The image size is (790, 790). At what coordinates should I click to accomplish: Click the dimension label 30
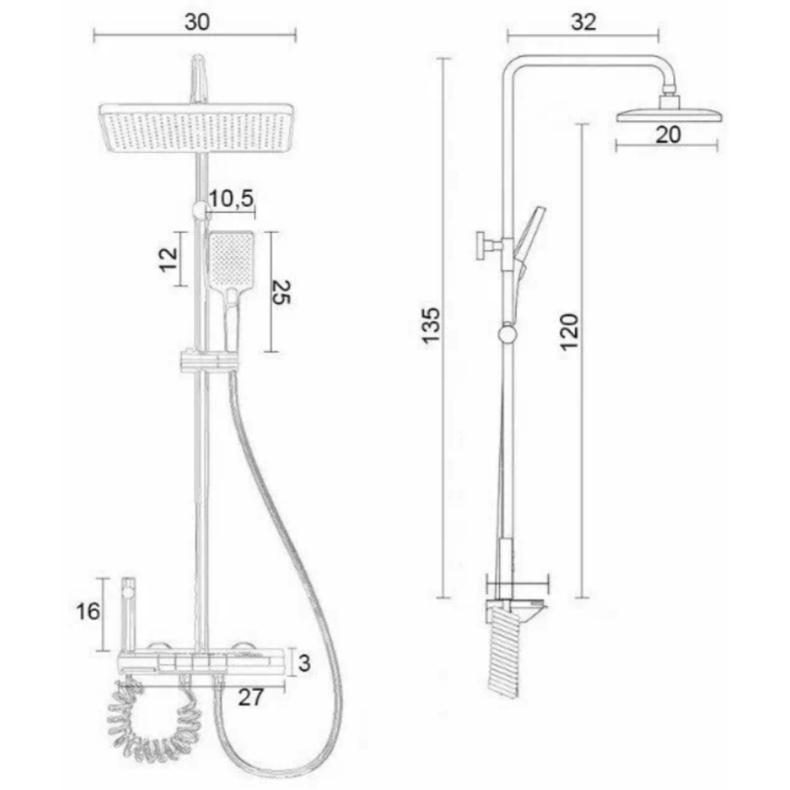(x=197, y=22)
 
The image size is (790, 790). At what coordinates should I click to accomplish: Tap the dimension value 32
(x=583, y=22)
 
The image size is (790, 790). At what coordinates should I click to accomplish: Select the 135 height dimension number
(x=431, y=325)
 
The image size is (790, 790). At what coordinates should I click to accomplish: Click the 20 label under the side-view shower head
(x=668, y=135)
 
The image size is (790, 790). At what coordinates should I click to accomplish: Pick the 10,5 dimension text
(x=232, y=199)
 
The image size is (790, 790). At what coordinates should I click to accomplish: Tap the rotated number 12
(x=168, y=260)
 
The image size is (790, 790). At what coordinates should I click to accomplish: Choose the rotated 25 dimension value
(x=281, y=292)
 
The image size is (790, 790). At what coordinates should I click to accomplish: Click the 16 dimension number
(x=88, y=612)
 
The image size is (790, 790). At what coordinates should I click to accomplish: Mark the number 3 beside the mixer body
(x=304, y=664)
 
